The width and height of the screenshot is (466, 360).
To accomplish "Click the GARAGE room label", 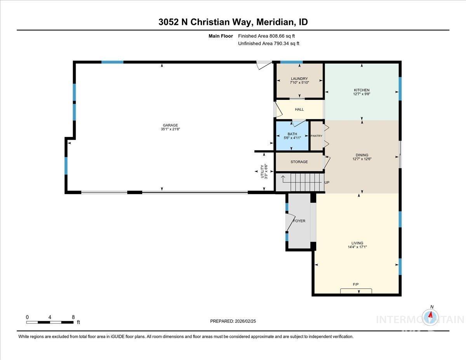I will coord(170,125).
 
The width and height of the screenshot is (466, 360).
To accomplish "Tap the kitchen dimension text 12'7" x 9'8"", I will coord(362,94).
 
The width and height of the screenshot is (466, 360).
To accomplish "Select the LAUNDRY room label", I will coord(299,79).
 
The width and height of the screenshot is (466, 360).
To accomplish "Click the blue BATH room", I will coord(292,136).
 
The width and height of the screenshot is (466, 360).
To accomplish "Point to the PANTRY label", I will coord(316,136).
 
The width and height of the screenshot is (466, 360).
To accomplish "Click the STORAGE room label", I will coord(299,162).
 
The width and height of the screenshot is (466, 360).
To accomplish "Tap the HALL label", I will coord(299,110).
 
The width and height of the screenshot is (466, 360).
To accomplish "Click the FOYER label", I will coord(299,221).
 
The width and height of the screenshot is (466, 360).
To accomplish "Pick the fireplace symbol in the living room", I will coord(356,291).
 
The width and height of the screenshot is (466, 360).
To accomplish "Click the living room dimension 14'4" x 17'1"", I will coord(357,247).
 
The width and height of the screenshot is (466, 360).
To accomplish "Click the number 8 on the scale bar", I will coord(73,317).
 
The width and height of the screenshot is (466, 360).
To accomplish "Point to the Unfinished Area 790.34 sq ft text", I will coord(268,43).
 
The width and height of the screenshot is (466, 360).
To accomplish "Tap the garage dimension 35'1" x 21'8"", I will coord(170,129).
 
